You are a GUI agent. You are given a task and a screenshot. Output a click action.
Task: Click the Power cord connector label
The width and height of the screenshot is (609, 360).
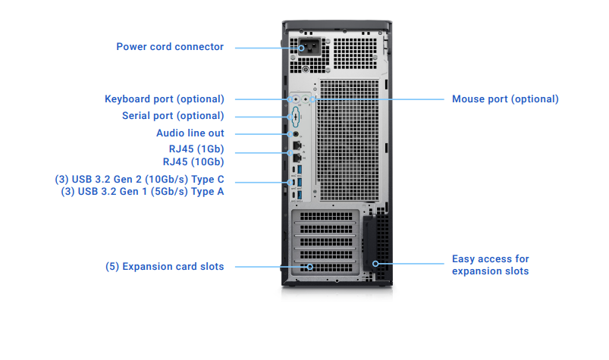(x=170, y=47)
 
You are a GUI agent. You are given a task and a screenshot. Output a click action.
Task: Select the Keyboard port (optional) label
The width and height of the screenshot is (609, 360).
(x=164, y=99)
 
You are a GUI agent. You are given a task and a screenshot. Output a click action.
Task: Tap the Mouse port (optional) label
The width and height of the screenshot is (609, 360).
(x=505, y=99)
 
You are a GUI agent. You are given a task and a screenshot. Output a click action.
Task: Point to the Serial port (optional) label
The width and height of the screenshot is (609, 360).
(x=173, y=116)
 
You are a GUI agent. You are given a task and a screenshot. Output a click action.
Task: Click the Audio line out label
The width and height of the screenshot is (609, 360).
(x=190, y=133)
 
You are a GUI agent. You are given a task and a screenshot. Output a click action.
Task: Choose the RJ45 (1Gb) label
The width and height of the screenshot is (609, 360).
(x=196, y=149)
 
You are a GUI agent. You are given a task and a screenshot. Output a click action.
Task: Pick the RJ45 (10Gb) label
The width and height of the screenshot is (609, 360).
(x=193, y=161)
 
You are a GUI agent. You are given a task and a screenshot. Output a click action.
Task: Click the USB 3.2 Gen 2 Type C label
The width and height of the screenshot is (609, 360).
(x=140, y=180)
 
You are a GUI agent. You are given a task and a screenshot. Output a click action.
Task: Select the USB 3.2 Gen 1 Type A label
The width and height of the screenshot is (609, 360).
(x=143, y=192)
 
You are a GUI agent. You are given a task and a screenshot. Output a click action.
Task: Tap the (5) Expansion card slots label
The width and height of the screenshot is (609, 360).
(x=165, y=267)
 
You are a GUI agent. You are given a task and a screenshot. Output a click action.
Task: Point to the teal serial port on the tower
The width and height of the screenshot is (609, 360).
(x=294, y=116)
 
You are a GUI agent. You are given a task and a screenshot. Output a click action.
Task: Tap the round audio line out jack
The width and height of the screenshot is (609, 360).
(x=295, y=133)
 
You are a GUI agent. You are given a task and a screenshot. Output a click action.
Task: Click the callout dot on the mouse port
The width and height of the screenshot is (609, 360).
(x=312, y=99)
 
